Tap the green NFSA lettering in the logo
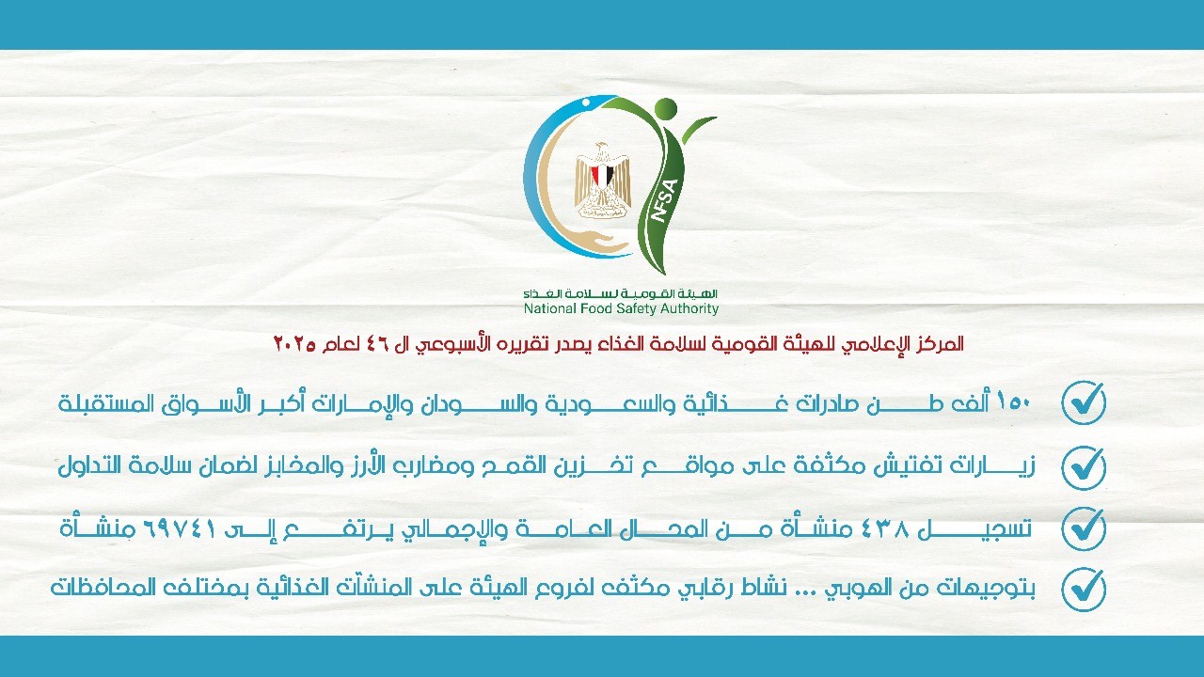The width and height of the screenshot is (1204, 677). click(664, 200)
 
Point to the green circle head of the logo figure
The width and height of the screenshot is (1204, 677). click(665, 109)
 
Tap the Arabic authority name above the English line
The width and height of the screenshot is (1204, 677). click(622, 293)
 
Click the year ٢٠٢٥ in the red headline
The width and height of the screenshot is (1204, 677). click(293, 344)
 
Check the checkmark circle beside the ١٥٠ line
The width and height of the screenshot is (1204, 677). click(1084, 403)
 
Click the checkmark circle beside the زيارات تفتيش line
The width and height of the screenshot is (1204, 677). click(1084, 466)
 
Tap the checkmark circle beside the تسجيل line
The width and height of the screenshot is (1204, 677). click(1084, 528)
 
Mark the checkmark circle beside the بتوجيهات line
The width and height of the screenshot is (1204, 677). click(1084, 590)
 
